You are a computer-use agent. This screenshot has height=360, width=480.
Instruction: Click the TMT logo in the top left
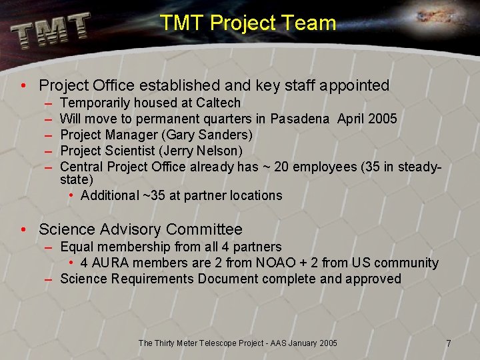click(50, 30)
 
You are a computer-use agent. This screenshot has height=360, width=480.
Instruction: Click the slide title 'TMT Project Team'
click(247, 23)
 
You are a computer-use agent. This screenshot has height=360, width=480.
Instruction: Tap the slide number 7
click(449, 343)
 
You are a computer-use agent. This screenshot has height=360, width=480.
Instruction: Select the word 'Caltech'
click(219, 103)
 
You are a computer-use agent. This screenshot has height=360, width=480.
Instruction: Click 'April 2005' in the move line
click(367, 119)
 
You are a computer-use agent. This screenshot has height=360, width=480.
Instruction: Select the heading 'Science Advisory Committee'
click(141, 230)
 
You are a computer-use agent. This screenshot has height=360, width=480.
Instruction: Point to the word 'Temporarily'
click(95, 103)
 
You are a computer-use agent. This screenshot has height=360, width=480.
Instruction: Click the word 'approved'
click(373, 279)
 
